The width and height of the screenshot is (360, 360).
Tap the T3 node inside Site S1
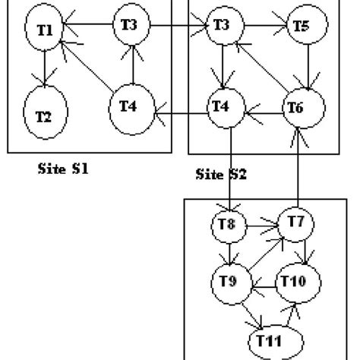point(130,26)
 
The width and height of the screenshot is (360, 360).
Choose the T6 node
point(296,108)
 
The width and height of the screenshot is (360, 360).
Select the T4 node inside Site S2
point(221,108)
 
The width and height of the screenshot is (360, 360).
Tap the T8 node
point(226,225)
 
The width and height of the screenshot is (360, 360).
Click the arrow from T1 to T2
point(46,68)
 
